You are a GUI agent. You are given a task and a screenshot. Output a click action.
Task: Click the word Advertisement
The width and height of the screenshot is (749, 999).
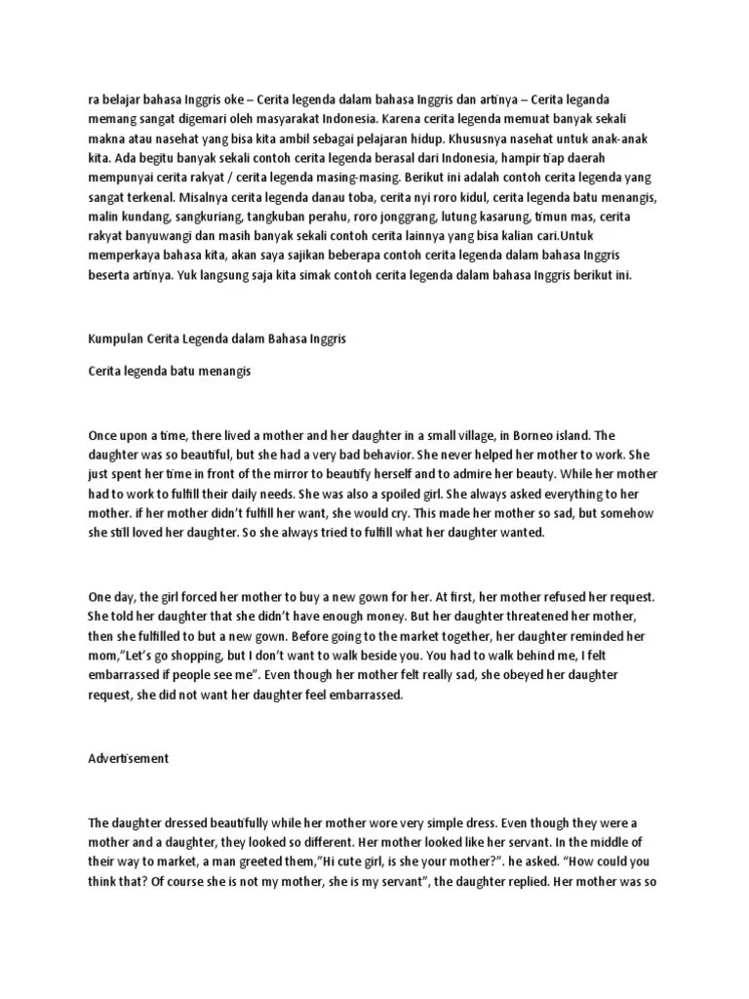click(129, 758)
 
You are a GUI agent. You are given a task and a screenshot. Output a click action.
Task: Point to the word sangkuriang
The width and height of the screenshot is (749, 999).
click(195, 218)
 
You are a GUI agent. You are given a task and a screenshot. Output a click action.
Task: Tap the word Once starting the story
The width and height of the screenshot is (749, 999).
click(106, 435)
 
